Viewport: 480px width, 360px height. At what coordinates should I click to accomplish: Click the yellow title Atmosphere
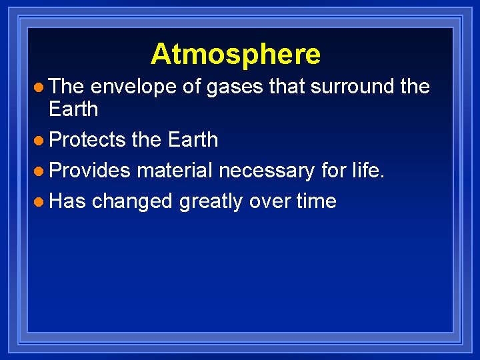click(x=235, y=54)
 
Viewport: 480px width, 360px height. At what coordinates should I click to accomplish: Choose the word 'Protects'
click(x=87, y=140)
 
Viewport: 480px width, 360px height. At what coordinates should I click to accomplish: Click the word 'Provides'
click(x=90, y=171)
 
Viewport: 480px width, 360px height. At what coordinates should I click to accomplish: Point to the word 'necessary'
click(x=266, y=171)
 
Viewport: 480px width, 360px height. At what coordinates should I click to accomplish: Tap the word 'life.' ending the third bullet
click(x=367, y=171)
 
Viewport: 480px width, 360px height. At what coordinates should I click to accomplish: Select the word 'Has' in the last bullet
click(x=67, y=201)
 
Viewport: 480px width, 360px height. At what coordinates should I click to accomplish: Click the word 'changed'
click(x=132, y=202)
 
